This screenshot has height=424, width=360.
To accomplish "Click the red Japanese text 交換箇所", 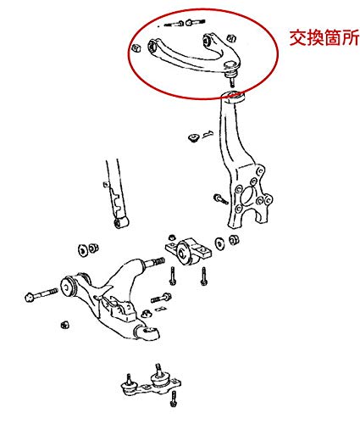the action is click(324, 37).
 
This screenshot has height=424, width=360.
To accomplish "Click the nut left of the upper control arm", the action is click(136, 47).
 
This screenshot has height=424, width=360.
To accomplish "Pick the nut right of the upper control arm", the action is click(231, 39).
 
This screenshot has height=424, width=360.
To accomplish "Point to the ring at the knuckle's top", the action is click(233, 97).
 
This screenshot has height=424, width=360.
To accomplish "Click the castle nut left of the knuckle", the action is click(193, 137).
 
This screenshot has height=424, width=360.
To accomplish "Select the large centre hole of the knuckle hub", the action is click(247, 195).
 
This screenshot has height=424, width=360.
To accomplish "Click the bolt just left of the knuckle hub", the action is click(220, 198).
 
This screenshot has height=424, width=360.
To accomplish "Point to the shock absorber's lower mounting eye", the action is click(121, 222).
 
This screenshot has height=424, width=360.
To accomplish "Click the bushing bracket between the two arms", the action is click(188, 251).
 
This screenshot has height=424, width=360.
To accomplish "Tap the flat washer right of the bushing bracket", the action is click(219, 243).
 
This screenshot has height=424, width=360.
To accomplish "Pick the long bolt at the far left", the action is click(42, 294).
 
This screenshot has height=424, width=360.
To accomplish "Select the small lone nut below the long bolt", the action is click(65, 325).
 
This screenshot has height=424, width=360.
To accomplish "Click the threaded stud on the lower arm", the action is click(154, 262).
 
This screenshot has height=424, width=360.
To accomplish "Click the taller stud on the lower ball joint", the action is click(159, 371).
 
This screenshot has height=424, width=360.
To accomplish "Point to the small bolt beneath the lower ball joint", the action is click(174, 399).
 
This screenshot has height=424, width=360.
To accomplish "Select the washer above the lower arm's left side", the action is click(83, 250).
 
